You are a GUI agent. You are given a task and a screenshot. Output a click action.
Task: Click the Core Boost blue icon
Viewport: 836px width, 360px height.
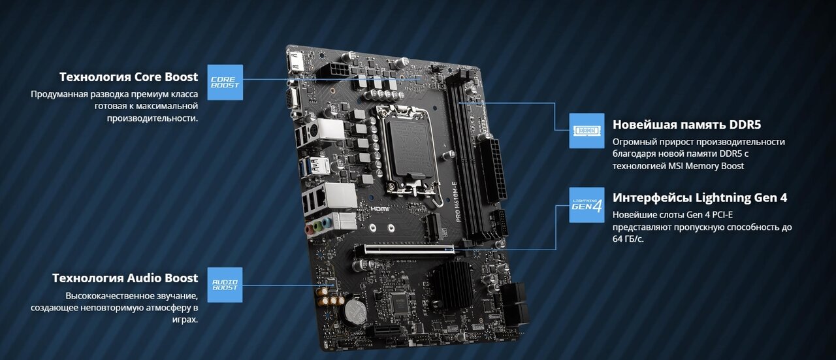click(x=225, y=82)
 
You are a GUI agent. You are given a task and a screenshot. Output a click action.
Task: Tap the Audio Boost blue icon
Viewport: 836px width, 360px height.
click(x=225, y=285)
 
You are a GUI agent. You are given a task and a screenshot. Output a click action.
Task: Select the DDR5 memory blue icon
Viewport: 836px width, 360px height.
click(x=587, y=131)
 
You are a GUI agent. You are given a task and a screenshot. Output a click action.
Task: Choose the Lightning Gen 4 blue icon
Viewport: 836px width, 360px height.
click(x=587, y=205)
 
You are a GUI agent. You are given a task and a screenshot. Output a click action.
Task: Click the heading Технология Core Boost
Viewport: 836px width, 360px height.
click(x=129, y=76)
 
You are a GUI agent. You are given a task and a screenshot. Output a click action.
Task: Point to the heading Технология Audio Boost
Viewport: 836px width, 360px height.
click(x=125, y=278)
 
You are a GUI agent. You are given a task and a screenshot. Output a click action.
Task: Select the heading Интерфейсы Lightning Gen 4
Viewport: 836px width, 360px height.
click(x=699, y=197)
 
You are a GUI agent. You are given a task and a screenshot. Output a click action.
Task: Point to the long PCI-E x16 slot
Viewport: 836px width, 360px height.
click(x=405, y=248)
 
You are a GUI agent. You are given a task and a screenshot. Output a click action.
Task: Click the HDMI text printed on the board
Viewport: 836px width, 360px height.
click(x=380, y=208)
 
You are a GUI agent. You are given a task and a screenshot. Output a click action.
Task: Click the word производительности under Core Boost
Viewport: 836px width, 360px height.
click(x=152, y=118)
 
